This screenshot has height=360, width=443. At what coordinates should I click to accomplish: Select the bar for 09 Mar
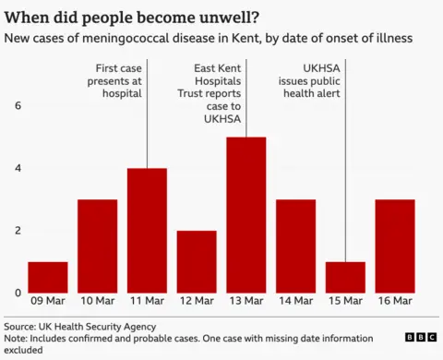[47, 277]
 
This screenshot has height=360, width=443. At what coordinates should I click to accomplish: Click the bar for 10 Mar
[97, 246]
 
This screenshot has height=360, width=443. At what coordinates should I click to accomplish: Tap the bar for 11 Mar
[147, 230]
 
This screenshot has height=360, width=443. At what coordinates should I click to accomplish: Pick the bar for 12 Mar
[197, 261]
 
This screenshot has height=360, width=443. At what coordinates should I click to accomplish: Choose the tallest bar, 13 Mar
[245, 214]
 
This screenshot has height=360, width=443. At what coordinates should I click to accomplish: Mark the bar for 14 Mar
[295, 246]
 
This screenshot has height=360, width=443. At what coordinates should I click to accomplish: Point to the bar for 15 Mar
[345, 277]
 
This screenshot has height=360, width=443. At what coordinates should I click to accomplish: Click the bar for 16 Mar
[395, 246]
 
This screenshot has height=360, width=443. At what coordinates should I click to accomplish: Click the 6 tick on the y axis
[17, 105]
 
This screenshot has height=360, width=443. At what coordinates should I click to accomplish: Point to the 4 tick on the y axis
[17, 168]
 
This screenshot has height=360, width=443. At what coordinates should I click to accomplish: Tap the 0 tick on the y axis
[17, 294]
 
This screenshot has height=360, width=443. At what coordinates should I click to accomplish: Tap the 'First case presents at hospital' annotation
[119, 80]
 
